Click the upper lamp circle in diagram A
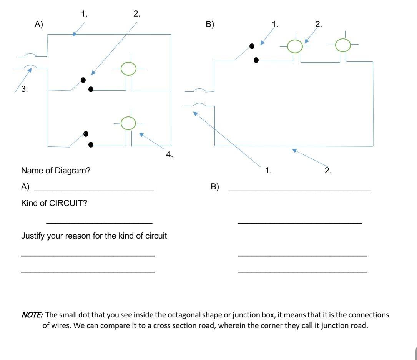(x=128, y=68)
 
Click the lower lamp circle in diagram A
(x=128, y=123)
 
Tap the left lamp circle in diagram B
(x=295, y=46)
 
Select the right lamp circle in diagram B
(x=343, y=45)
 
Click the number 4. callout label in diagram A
(x=169, y=154)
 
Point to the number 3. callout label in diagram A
(x=24, y=89)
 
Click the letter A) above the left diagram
(x=39, y=24)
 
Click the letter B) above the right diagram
(x=210, y=24)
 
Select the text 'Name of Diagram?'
(x=56, y=170)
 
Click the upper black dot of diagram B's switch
(x=252, y=46)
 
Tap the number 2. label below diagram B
(x=328, y=171)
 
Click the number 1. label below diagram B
(x=268, y=171)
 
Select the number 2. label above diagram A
(x=137, y=14)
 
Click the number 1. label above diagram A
(x=85, y=14)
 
